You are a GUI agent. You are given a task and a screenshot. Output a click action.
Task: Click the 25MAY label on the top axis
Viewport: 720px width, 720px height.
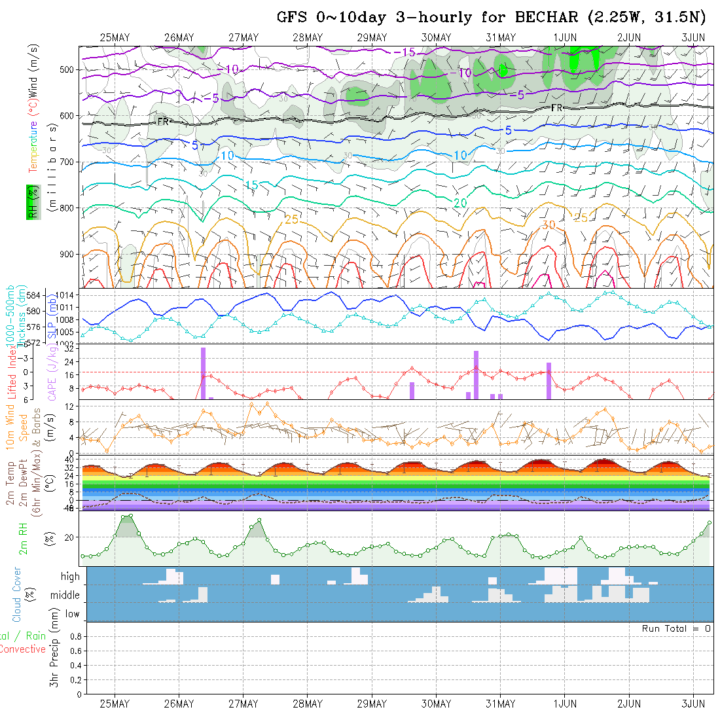tap(115, 37)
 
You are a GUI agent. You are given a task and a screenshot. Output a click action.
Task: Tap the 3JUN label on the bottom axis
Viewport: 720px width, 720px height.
tap(693, 704)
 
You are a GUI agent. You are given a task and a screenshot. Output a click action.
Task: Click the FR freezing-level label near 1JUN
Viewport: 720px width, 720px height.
tap(557, 107)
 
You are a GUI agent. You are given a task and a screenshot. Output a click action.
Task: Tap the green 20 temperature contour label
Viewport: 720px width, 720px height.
tap(460, 204)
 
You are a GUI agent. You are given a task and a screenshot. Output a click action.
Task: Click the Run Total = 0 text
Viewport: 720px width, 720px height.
tap(676, 628)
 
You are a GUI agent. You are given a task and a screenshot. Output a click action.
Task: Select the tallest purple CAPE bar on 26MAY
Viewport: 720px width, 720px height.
tap(203, 373)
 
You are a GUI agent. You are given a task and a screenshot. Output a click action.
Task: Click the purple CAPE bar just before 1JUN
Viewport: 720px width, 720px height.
tap(549, 380)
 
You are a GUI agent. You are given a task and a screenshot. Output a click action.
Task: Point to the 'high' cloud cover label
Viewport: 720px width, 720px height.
tap(70, 577)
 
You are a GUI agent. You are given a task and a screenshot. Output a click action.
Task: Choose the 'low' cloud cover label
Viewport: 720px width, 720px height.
tap(72, 614)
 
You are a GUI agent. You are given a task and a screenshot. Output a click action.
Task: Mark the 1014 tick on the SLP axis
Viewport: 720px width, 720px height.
tap(67, 295)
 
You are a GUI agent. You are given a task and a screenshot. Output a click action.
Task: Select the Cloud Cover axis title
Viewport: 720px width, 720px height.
tap(17, 594)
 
